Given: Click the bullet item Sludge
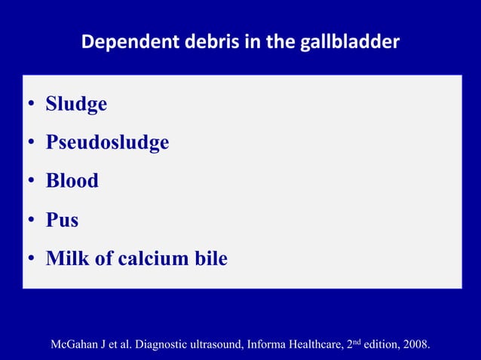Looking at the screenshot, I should point(76,103).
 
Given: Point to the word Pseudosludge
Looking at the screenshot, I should point(107,142).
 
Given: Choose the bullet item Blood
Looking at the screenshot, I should point(72,181).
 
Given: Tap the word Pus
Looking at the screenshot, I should point(62,220).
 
